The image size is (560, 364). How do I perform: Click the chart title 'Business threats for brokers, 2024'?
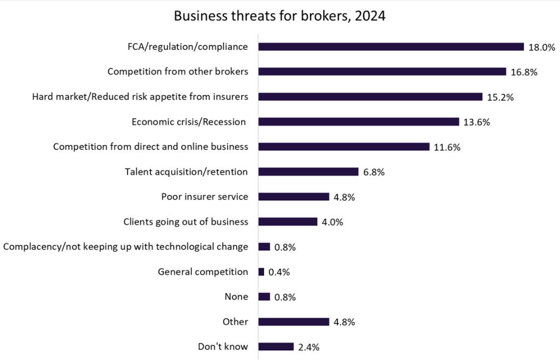point(279,16)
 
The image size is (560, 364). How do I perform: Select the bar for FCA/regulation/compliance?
point(391,47)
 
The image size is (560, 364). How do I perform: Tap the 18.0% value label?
point(542,47)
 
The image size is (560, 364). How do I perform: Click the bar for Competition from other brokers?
point(382,72)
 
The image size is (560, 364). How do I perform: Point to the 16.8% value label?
point(524,72)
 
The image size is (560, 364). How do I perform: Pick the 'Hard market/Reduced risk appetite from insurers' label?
point(140,97)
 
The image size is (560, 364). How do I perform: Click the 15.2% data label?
point(500,97)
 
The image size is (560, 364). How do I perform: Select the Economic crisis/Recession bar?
point(358,122)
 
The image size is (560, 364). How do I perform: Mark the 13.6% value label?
point(476,122)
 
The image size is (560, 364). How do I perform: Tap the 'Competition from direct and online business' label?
point(150,147)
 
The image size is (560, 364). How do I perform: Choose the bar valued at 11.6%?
point(343,147)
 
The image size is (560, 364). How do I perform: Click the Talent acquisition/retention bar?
point(308,172)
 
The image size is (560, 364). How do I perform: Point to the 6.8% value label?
point(374,172)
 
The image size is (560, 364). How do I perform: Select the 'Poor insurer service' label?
point(205,197)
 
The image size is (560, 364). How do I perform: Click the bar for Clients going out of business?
point(288,222)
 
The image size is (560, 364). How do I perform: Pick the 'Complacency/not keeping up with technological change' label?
point(125,247)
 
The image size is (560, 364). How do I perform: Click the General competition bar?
point(261,272)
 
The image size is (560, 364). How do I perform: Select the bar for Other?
point(293,322)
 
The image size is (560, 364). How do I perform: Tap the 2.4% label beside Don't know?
point(309,347)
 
